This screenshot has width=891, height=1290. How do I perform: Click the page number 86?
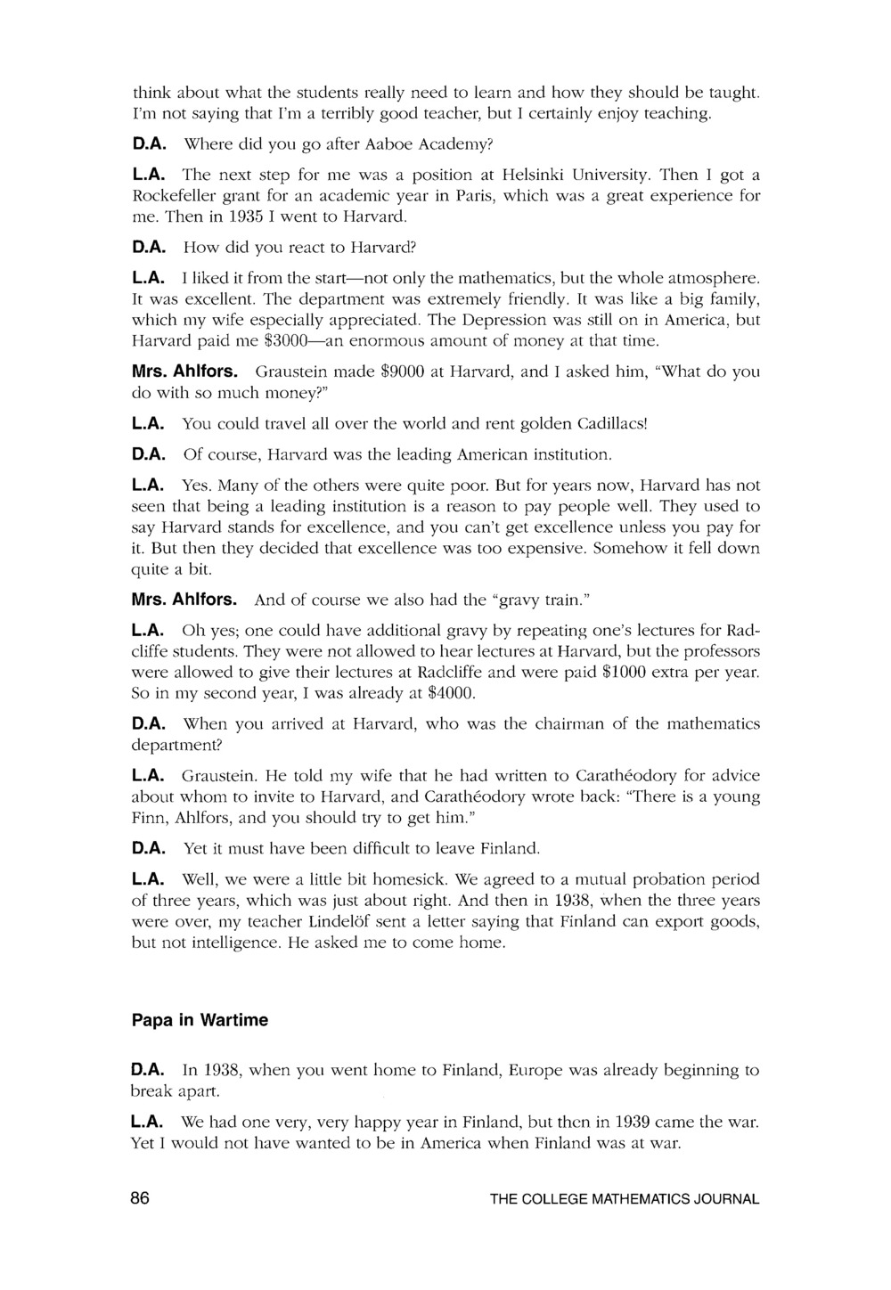pyautogui.click(x=141, y=1198)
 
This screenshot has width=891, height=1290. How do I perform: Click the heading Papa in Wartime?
pyautogui.click(x=200, y=1020)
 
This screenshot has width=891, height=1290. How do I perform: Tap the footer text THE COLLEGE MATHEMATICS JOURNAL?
pyautogui.click(x=625, y=1199)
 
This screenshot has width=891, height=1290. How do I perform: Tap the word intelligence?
pyautogui.click(x=213, y=942)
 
